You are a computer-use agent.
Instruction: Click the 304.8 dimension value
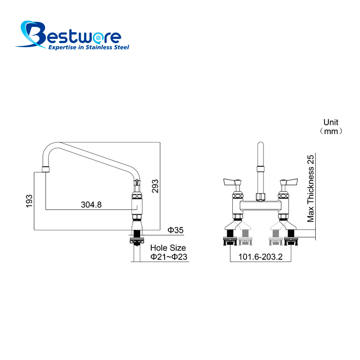91,204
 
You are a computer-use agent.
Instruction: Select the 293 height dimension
155,186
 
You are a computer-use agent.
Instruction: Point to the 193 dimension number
29,201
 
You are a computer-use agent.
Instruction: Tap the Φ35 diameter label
175,230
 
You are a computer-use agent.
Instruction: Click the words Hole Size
168,248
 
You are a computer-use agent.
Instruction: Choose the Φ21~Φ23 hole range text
169,257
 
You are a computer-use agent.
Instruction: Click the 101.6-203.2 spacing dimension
260,257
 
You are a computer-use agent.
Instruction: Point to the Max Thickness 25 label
311,189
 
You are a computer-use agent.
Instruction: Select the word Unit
331,122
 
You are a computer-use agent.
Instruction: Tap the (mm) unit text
331,131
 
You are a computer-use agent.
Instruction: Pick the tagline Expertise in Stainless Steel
89,48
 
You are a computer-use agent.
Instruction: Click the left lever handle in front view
232,182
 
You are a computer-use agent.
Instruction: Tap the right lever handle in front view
289,182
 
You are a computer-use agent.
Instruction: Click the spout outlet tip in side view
46,169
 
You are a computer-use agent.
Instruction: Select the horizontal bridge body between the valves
260,205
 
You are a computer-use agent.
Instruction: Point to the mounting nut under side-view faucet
137,240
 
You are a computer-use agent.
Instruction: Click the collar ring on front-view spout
260,169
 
